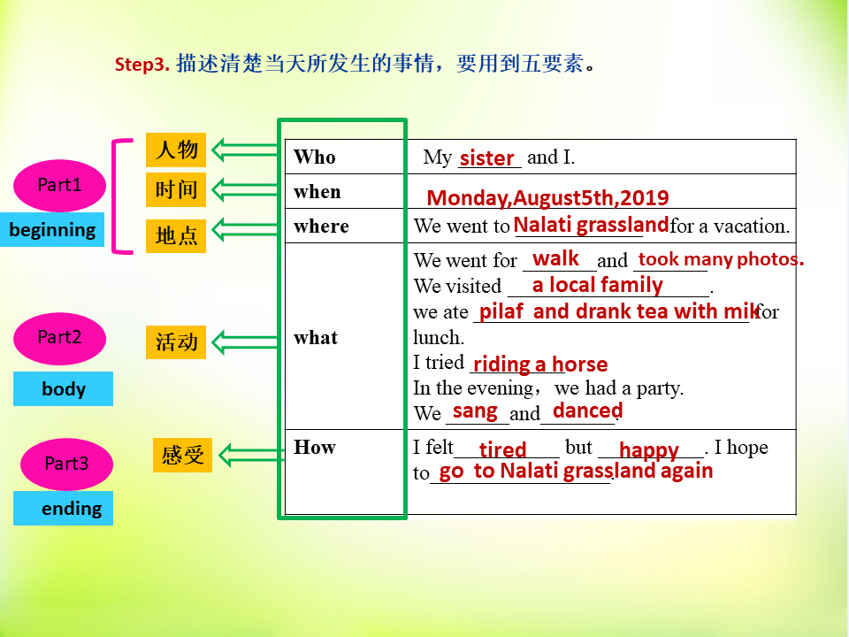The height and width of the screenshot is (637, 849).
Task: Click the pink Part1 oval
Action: point(59,185)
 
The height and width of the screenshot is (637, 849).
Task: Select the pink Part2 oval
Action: point(59,338)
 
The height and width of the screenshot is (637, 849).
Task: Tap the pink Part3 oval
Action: point(66,464)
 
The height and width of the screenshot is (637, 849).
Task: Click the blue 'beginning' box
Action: point(52,230)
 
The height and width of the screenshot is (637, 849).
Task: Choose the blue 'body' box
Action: point(64,389)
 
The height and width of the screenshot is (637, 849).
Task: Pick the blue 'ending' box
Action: point(64,508)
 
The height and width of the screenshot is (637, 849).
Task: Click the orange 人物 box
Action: point(176,150)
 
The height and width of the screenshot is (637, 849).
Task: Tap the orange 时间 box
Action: point(176,189)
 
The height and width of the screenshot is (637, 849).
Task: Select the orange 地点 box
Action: point(176,235)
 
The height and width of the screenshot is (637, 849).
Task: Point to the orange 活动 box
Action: point(176,342)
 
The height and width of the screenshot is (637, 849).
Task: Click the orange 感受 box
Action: point(182,455)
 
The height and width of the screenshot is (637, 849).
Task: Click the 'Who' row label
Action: point(315,157)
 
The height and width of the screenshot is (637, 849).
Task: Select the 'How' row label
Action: point(315,448)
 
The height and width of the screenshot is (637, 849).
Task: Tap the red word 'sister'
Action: point(486,158)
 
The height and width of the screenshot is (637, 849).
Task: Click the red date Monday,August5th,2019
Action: point(547,198)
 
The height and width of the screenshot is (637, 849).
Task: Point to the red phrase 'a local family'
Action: point(597,285)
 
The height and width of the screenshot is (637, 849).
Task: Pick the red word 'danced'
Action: point(587,411)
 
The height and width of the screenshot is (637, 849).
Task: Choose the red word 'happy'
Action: point(648,450)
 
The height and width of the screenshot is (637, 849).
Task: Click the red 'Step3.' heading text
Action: point(141,65)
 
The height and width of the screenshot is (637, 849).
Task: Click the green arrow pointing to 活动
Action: point(245,342)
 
